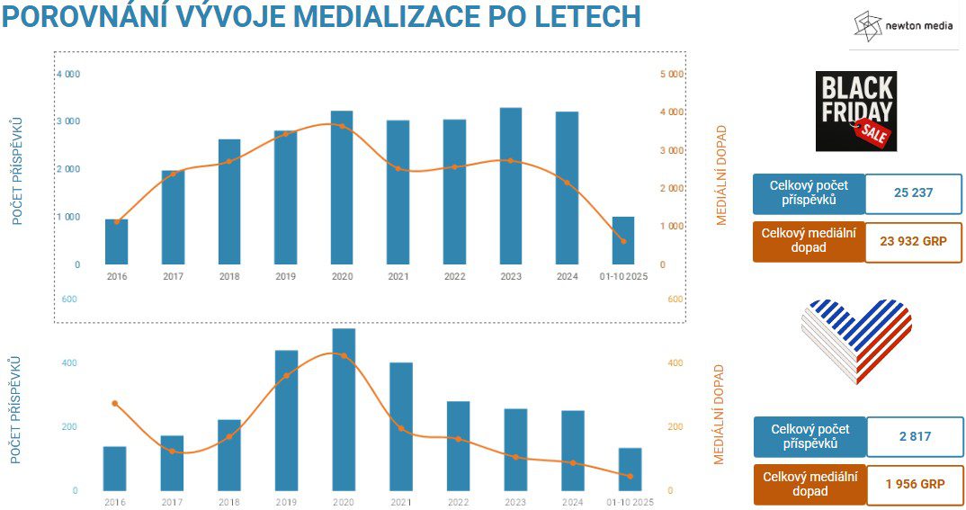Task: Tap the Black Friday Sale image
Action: coord(855,111)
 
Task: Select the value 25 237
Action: coord(913,192)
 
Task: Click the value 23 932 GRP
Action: coord(913,241)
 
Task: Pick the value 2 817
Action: coord(913,436)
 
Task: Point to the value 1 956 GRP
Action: coord(913,484)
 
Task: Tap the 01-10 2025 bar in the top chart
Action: coord(623,240)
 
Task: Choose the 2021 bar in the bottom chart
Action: coord(401,426)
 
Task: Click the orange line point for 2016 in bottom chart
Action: coord(115,403)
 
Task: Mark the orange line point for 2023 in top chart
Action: coord(511,160)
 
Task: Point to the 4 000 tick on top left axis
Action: coord(68,74)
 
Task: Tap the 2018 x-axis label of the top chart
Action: coord(229,277)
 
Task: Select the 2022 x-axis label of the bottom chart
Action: coord(458,502)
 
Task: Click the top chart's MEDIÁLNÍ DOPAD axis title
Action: coord(721,175)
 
